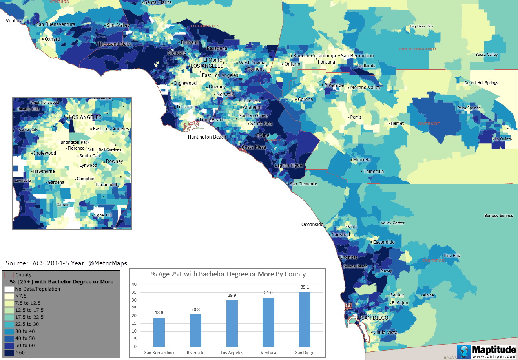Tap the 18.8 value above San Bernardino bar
159,312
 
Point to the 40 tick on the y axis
134,284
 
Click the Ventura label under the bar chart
268,353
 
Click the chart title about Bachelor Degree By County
228,274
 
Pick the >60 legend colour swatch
9,353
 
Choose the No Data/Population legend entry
37,289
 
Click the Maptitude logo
487,351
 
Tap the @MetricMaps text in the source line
108,263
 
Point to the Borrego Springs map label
498,216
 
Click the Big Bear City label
421,26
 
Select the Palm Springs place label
469,108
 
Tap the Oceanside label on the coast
312,225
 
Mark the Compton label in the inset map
86,179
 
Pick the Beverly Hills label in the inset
28,109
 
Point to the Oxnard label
52,39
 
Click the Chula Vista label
385,332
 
